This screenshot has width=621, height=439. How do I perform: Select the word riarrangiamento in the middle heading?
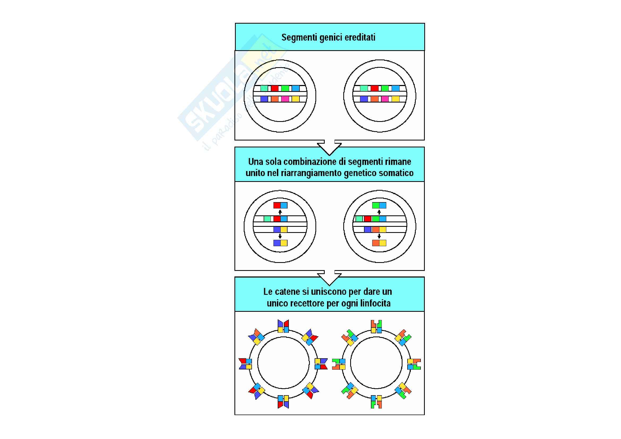[x=309, y=173]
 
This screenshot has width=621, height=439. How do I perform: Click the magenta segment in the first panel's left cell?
[x=285, y=99]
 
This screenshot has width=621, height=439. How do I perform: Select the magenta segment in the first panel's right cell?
[x=385, y=99]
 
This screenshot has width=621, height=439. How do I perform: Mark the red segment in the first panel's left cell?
[x=275, y=88]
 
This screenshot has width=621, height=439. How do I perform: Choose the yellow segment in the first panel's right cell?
[x=395, y=99]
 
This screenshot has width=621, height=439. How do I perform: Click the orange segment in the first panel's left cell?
[x=275, y=99]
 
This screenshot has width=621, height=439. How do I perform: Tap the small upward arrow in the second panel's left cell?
[x=280, y=212]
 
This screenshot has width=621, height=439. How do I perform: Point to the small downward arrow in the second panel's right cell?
[x=379, y=236]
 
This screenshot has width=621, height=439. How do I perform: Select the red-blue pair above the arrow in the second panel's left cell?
[x=280, y=205]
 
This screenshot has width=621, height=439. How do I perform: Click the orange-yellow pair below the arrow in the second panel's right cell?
[x=379, y=243]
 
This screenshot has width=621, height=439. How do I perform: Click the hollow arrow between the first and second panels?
[x=329, y=147]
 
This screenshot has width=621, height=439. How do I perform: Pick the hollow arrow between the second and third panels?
[x=329, y=278]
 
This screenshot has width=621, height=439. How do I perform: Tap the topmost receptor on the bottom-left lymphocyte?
[x=283, y=326]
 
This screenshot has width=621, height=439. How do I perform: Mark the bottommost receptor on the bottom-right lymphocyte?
[x=376, y=401]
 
